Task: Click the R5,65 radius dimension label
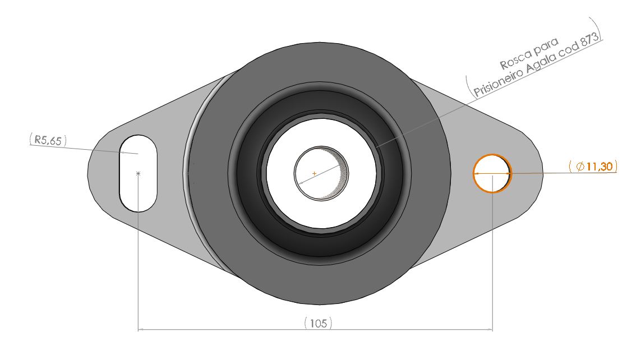coord(47,141)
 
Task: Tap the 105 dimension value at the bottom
coord(318,323)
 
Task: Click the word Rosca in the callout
coord(513,58)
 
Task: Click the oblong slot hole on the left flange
coord(138,173)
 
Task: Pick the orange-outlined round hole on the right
coord(492,173)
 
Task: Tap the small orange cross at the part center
coord(314,174)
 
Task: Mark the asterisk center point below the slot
coord(138,174)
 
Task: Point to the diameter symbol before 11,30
coord(580,166)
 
